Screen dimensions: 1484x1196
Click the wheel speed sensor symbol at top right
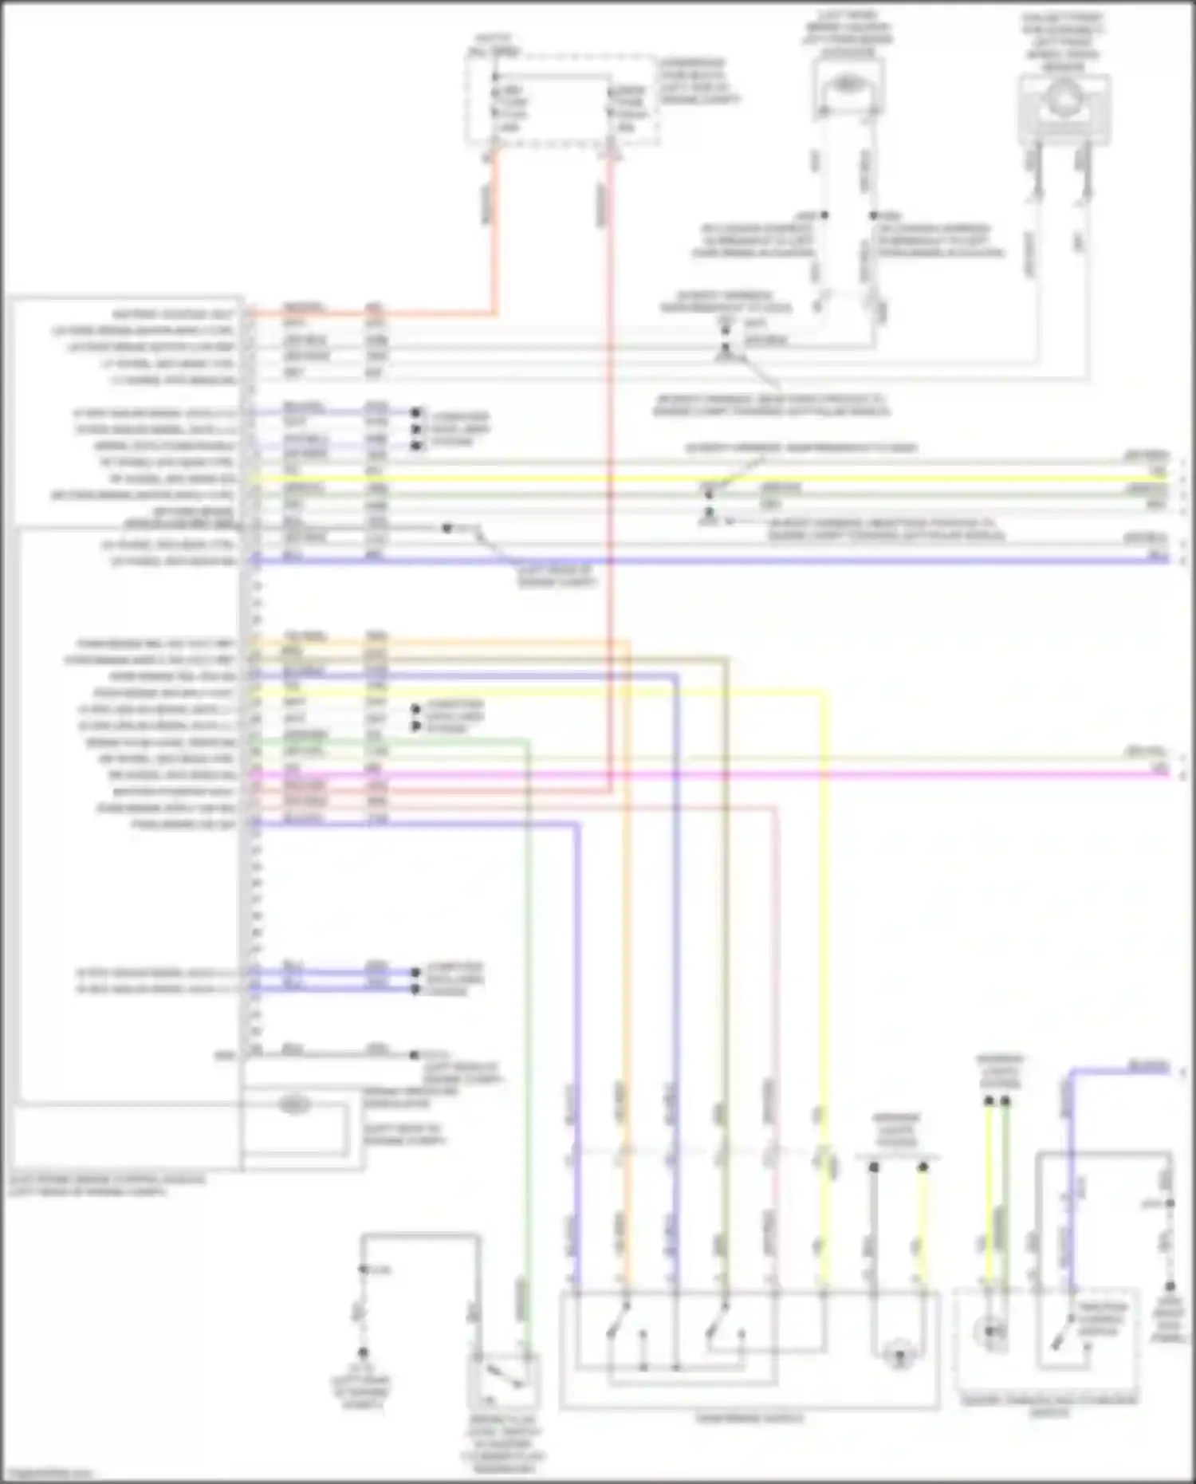[1064, 100]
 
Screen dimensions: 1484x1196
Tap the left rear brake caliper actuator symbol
[848, 84]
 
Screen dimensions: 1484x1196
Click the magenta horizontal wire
[718, 774]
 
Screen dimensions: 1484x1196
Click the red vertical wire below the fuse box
[612, 478]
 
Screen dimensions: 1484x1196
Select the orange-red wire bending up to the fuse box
[494, 239]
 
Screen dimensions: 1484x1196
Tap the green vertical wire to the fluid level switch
[526, 1037]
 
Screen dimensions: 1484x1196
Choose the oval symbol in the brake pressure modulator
[293, 1104]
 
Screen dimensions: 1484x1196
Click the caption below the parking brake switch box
[749, 1418]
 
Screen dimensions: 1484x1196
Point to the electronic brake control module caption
[108, 1184]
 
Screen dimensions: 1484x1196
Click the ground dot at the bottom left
[363, 1353]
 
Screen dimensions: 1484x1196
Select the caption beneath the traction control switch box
[1049, 1406]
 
